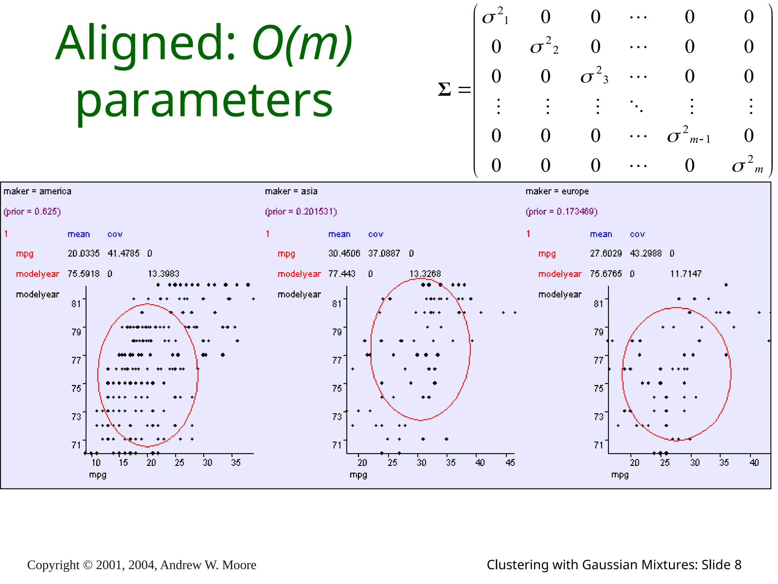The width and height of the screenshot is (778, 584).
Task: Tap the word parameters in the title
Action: pos(204,101)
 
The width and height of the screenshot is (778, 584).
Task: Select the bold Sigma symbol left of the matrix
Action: pos(444,90)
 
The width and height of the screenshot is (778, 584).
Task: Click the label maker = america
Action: pos(37,191)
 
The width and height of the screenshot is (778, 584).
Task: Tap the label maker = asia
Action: pos(291,191)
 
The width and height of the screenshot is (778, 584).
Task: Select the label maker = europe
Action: pos(557,191)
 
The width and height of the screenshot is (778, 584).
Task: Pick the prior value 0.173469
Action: pos(577,211)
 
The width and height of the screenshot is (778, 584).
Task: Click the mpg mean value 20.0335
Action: pos(84,253)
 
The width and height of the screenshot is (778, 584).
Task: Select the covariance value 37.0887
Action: pos(384,253)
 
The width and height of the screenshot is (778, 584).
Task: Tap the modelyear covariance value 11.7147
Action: pos(686,274)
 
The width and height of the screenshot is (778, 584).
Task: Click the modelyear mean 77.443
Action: pos(342,274)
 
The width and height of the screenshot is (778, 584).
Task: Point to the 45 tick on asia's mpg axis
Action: pos(510,463)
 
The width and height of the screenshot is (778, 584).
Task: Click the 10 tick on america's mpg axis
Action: pos(96,463)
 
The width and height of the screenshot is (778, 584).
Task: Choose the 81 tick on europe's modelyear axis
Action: pos(598,303)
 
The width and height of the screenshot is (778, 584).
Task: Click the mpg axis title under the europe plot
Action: pos(620,475)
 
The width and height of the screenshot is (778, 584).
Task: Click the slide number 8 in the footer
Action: pos(738,565)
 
